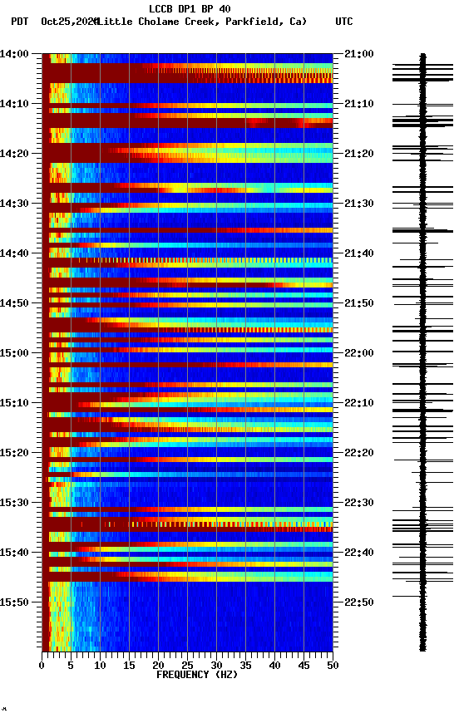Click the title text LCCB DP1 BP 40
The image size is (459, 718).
coord(190,9)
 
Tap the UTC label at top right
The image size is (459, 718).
coord(344,22)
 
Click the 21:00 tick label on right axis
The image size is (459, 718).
coord(358,54)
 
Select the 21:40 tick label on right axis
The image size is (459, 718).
coord(358,253)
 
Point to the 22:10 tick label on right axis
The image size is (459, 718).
coord(358,403)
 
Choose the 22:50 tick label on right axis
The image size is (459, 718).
coord(358,602)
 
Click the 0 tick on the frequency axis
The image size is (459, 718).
coord(42,665)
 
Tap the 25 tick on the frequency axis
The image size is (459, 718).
coord(187,665)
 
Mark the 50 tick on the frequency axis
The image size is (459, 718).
coord(333,665)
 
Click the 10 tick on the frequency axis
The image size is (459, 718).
coord(100,665)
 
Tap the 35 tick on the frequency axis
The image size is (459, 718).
coord(245,665)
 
